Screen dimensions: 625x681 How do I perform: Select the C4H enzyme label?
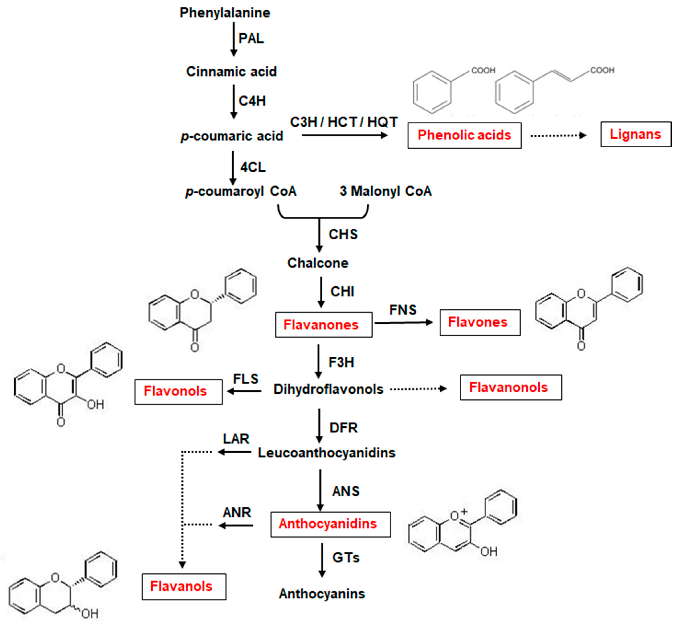tap(252, 101)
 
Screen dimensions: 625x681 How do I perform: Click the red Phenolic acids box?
tap(464, 135)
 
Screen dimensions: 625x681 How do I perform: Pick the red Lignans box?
tap(635, 134)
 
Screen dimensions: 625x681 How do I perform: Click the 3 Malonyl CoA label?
tap(385, 191)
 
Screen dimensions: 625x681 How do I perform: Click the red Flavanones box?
tap(324, 325)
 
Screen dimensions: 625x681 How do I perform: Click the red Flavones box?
tap(480, 322)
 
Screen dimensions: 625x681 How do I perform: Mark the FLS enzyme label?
tap(246, 379)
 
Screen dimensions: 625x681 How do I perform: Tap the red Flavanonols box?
tap(510, 388)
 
